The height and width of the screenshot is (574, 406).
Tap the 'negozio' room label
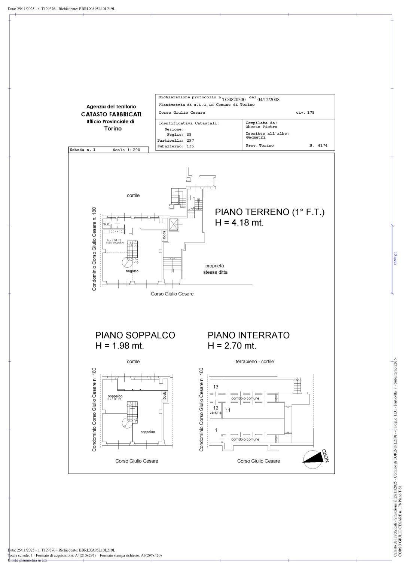(132, 271)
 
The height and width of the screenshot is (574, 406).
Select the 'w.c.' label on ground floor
(106, 224)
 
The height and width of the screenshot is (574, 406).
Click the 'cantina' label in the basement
(216, 412)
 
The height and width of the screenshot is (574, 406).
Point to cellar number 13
(216, 387)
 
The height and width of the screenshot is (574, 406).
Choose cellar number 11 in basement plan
(228, 410)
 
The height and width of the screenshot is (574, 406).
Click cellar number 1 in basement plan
(216, 430)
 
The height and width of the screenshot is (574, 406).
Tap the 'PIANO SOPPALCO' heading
(135, 335)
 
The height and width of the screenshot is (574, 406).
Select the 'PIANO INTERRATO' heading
(248, 335)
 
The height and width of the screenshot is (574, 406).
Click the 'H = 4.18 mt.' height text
(239, 223)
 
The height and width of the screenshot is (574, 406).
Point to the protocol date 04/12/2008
(268, 99)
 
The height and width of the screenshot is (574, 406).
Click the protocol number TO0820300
(234, 99)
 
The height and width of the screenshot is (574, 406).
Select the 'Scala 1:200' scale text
(126, 150)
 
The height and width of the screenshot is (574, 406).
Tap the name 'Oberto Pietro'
(261, 127)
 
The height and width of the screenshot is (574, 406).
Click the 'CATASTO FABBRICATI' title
(111, 114)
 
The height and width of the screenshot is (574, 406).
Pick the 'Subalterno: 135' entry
(175, 146)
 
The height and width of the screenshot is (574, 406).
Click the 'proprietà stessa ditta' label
(215, 269)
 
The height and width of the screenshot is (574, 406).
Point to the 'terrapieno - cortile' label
(254, 362)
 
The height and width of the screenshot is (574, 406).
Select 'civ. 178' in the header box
(305, 113)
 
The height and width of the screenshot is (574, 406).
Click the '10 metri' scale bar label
(396, 258)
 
